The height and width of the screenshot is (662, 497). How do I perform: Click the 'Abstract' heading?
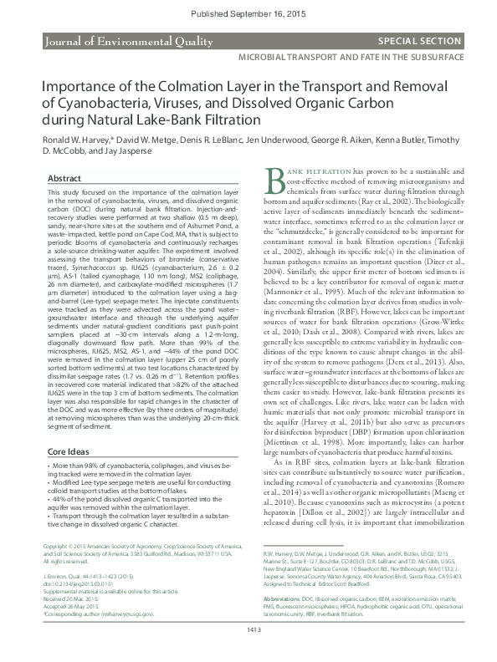(64, 179)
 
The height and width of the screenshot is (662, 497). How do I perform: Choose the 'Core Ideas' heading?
(69, 450)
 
